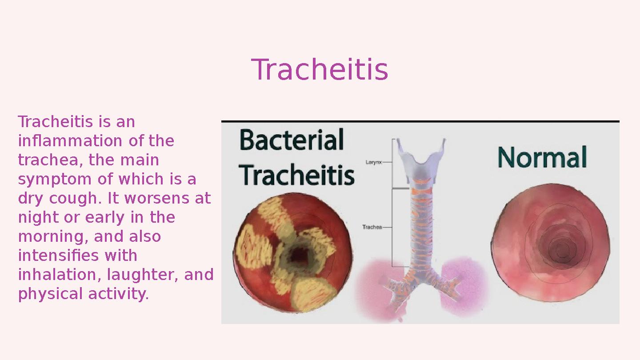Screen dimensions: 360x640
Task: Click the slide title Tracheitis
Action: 320,70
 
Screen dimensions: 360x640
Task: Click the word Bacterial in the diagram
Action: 292,140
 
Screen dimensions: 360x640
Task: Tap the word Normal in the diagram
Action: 542,157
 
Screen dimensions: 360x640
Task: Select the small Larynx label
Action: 373,162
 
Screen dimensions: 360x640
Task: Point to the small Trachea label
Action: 372,227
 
